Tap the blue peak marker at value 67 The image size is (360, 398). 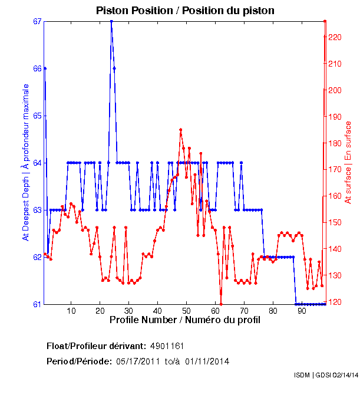click(111, 21)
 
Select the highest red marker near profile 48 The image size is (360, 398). click(180, 130)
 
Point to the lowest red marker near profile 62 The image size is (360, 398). click(221, 304)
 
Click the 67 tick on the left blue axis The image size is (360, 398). click(37, 22)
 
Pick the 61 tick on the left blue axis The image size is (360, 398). click(37, 304)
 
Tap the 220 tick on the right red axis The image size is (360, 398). click(334, 37)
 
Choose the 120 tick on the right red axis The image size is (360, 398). click(334, 302)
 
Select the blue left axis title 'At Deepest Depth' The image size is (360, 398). click(26, 162)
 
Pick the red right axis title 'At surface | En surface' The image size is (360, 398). click(348, 162)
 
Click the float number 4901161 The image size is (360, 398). click(171, 346)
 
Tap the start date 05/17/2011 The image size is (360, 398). click(138, 361)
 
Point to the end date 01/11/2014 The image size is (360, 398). click(207, 361)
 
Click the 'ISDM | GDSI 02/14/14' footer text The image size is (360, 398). click(326, 375)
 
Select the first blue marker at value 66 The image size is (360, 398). click(45, 68)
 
